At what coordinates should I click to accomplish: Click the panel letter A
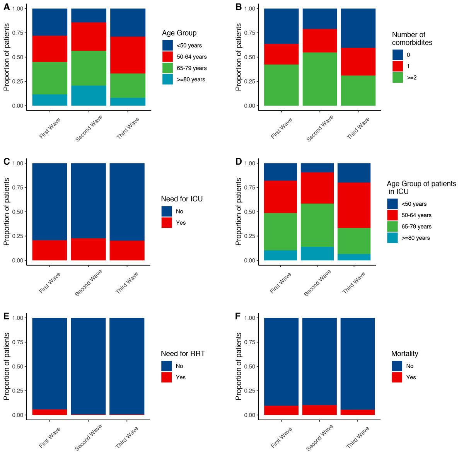click(x=7, y=7)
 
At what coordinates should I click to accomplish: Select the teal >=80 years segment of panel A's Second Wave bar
click(x=89, y=96)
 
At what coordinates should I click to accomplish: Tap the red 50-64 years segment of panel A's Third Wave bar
click(x=128, y=55)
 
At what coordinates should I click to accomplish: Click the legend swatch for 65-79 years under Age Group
click(x=167, y=68)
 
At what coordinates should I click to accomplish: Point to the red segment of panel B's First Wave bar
click(x=281, y=54)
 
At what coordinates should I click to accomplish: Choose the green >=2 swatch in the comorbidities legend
click(x=397, y=78)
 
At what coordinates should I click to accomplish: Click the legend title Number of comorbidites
click(x=412, y=39)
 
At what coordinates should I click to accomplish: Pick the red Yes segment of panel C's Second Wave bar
click(x=88, y=249)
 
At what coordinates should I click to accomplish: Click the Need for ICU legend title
click(x=182, y=199)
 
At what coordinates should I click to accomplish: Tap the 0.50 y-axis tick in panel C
click(x=17, y=212)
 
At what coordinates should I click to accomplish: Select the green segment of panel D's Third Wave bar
click(x=354, y=241)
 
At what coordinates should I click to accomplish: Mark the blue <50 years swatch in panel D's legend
click(x=392, y=204)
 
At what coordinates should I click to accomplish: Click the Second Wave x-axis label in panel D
click(x=317, y=283)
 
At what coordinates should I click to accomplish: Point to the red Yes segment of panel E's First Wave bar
click(x=49, y=412)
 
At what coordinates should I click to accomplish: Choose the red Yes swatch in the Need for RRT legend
click(x=166, y=377)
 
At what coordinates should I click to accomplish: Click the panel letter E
click(x=6, y=317)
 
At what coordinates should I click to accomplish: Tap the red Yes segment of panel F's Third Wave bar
click(x=358, y=412)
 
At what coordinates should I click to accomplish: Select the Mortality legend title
click(x=404, y=353)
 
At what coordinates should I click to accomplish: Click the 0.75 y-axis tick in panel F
click(x=249, y=342)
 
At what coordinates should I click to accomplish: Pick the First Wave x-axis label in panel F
click(x=281, y=438)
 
